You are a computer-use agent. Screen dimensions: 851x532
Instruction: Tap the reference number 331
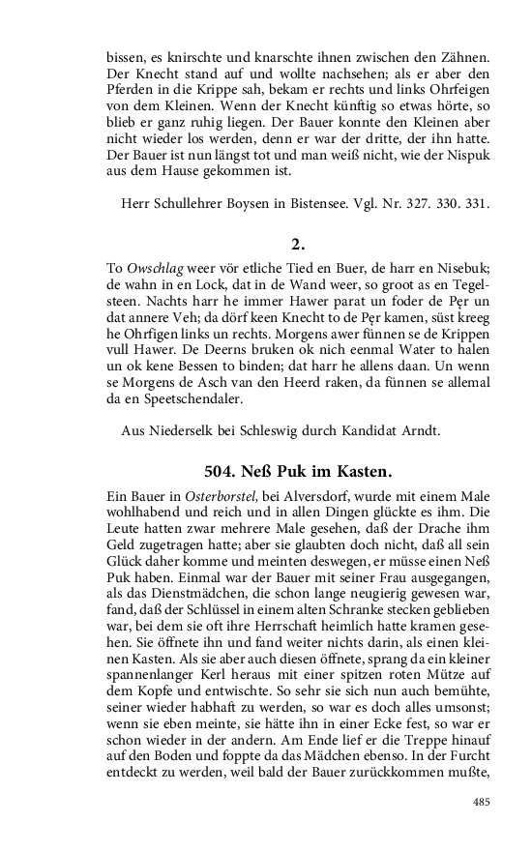[482, 204]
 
